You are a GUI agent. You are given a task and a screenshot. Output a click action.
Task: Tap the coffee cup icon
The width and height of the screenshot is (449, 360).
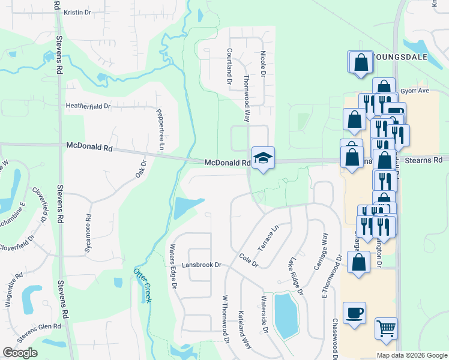coord(354,313)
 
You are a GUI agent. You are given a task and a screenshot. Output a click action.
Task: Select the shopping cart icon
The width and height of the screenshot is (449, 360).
coord(386,329)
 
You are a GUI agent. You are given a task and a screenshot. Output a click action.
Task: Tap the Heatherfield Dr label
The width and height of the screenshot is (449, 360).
coord(88,106)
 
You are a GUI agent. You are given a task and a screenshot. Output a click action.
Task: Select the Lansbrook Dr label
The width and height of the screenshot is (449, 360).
coord(202,265)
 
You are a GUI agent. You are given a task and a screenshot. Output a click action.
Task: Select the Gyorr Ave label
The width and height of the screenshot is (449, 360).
coord(415,91)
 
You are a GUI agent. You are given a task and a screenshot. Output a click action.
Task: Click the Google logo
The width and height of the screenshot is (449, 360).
coord(19,353)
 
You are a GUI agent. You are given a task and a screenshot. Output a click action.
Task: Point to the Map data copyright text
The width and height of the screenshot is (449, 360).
coord(412,355)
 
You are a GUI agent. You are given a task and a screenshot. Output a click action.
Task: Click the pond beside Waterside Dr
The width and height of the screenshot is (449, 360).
coord(286,316)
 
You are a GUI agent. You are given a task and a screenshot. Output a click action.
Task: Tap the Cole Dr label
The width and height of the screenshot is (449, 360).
coord(248,260)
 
